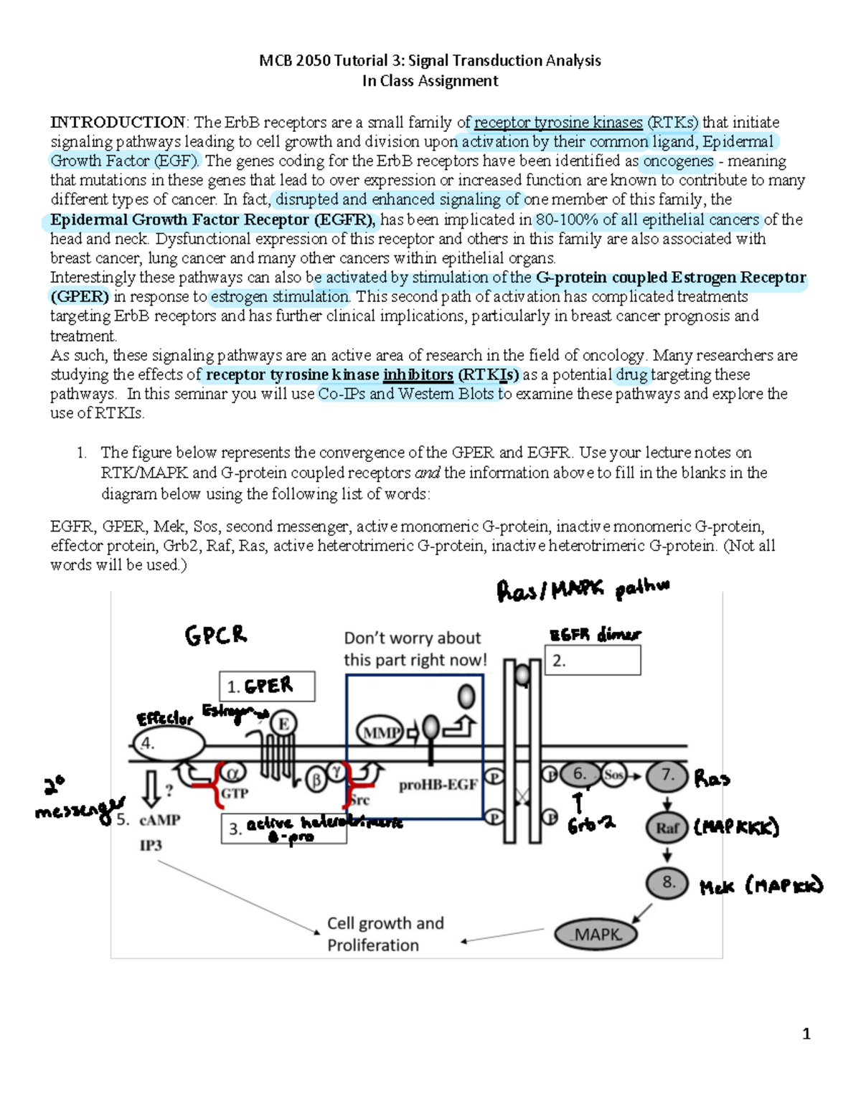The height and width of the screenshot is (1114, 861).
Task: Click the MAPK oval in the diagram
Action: (x=596, y=934)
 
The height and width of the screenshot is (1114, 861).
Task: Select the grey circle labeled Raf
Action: (x=667, y=828)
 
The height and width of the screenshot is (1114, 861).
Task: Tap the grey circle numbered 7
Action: (x=667, y=775)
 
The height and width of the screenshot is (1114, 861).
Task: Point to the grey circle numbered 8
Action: (x=667, y=883)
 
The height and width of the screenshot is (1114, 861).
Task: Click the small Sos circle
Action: (x=613, y=775)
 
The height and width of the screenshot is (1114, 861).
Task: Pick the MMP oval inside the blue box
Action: (x=380, y=732)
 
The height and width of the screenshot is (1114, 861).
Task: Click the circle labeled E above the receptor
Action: (x=283, y=724)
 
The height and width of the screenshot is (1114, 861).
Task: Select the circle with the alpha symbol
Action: (x=232, y=773)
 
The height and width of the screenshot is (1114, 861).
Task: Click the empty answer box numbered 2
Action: (x=593, y=661)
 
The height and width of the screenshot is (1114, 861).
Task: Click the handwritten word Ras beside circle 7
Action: (x=712, y=779)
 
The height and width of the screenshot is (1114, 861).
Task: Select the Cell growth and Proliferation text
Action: (x=385, y=934)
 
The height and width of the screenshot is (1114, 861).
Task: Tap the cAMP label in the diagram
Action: (x=159, y=820)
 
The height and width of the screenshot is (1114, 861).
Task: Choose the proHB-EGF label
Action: (x=438, y=785)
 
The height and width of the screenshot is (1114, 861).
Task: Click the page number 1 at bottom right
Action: (x=806, y=1034)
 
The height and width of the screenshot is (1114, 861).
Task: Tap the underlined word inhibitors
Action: (x=418, y=374)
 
